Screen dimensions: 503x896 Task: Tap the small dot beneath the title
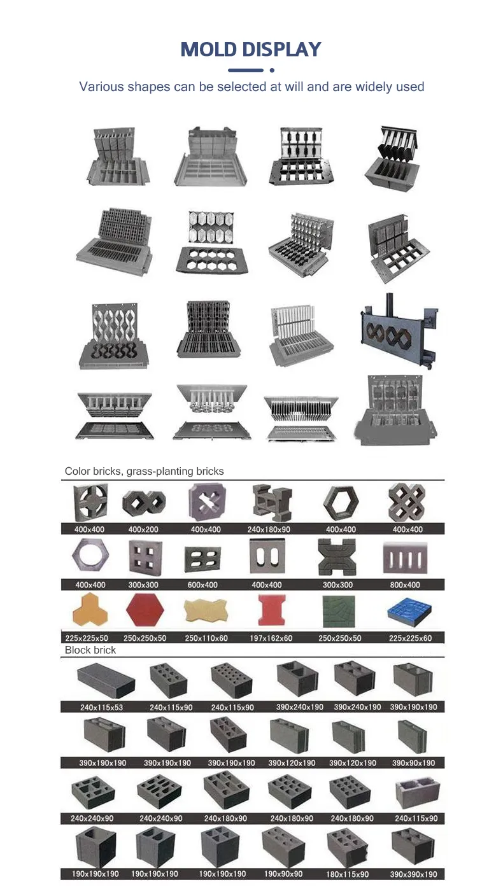[x=272, y=71]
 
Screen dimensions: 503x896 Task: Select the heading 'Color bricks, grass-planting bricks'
[x=144, y=471]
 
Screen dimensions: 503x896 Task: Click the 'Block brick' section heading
[x=90, y=650]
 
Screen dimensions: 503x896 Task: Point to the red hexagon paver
[x=145, y=610]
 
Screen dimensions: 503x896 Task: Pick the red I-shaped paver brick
[x=272, y=610]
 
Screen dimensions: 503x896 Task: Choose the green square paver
[x=339, y=611]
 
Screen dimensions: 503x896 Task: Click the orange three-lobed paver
[x=90, y=609]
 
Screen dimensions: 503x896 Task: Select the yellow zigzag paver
[x=206, y=610]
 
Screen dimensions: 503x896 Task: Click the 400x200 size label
[x=143, y=529]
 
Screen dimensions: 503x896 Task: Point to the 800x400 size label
[x=405, y=585]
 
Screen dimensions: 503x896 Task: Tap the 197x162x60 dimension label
[x=271, y=638]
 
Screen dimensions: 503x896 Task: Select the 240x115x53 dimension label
[x=102, y=707]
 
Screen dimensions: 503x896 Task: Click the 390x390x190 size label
[x=413, y=874]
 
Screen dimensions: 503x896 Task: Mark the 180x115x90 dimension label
[x=348, y=874]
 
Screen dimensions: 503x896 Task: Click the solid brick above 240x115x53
[x=106, y=680]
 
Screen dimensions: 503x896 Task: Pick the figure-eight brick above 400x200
[x=144, y=503]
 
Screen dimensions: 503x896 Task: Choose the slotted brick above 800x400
[x=405, y=557]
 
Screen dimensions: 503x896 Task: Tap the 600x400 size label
[x=202, y=585]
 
